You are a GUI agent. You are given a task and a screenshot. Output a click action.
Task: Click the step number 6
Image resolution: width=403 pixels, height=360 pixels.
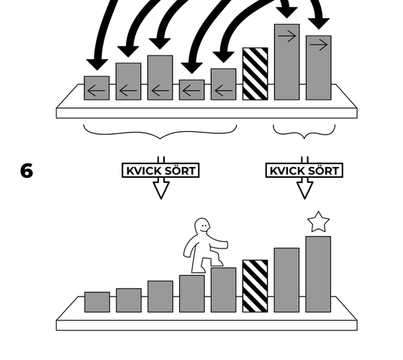pyautogui.click(x=27, y=171)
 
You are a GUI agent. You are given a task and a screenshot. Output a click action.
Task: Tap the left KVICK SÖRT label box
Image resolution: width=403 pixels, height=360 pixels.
pyautogui.click(x=160, y=170)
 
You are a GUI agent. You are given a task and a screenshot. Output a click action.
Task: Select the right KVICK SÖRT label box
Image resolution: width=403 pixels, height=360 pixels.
pyautogui.click(x=304, y=170)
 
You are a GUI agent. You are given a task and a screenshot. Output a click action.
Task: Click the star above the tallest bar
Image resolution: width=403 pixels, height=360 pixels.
pyautogui.click(x=318, y=222)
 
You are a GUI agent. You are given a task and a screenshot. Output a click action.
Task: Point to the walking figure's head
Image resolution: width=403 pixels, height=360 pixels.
pyautogui.click(x=202, y=226)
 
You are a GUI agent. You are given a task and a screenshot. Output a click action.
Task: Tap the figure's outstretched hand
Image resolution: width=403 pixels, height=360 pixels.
pyautogui.click(x=224, y=245)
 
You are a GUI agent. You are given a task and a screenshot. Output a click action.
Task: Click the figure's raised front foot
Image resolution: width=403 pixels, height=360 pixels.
pyautogui.click(x=219, y=263)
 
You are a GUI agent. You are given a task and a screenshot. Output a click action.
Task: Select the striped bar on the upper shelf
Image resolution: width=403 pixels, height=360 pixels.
pyautogui.click(x=255, y=73)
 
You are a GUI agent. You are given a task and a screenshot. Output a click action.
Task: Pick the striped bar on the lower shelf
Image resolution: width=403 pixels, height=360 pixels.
pyautogui.click(x=255, y=287)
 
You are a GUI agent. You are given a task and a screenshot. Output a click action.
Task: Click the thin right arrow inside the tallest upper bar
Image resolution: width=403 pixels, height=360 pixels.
pyautogui.click(x=287, y=36)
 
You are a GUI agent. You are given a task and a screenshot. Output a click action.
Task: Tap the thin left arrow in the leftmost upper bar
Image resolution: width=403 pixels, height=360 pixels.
pyautogui.click(x=96, y=91)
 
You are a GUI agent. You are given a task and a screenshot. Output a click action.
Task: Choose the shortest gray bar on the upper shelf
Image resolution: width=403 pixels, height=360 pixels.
pyautogui.click(x=191, y=90)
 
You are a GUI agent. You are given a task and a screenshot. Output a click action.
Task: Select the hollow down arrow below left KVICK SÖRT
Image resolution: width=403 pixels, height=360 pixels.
pyautogui.click(x=161, y=190)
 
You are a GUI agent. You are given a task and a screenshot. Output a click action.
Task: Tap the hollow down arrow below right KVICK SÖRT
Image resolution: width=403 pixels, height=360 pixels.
pyautogui.click(x=305, y=190)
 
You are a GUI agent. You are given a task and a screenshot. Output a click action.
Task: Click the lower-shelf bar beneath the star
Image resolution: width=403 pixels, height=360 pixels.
pyautogui.click(x=318, y=274)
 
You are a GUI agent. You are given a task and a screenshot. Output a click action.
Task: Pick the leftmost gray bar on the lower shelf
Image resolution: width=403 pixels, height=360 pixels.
pyautogui.click(x=97, y=302)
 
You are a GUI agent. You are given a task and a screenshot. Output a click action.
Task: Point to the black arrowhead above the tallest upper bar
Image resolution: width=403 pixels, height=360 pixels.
pyautogui.click(x=287, y=12)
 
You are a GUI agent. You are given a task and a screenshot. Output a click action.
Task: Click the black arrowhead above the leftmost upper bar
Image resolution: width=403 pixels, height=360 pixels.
pyautogui.click(x=97, y=64)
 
